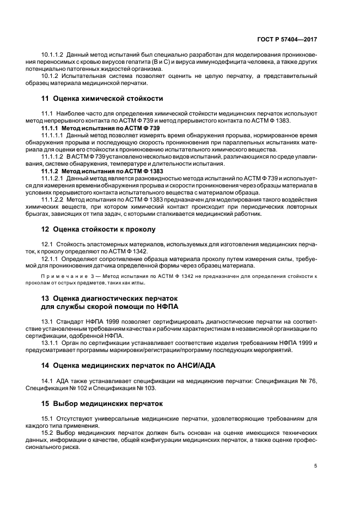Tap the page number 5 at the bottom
[x=316, y=466]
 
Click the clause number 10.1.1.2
[x=53, y=55]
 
